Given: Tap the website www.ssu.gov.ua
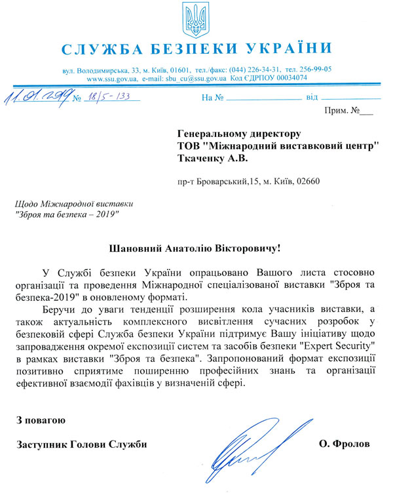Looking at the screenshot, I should [x=112, y=78].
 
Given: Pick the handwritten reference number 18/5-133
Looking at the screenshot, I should [x=107, y=98].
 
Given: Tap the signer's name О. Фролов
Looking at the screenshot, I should [x=345, y=444].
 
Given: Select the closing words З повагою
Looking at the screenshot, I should [x=41, y=419].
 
